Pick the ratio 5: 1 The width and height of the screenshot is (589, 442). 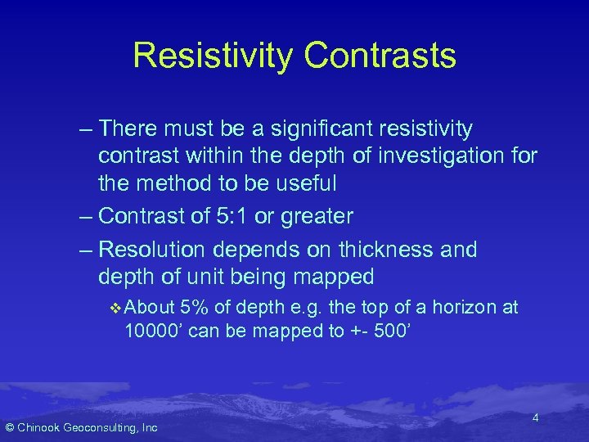point(233,216)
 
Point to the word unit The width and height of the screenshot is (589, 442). point(234,276)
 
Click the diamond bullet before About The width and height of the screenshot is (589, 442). point(115,308)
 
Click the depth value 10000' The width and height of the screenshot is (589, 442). point(160,332)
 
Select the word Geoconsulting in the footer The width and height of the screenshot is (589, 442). point(104,427)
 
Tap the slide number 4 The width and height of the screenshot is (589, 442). point(535,418)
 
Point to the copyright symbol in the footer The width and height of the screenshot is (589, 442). point(10,427)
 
